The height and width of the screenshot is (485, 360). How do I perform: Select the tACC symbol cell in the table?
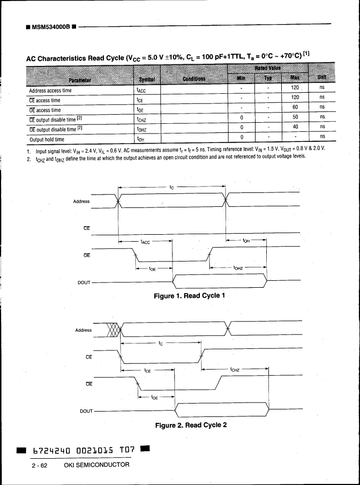(141, 91)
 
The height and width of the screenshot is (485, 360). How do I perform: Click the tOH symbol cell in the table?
(141, 139)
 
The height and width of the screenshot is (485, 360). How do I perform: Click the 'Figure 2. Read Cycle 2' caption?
(191, 425)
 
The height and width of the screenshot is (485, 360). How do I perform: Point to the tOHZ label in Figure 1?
(239, 267)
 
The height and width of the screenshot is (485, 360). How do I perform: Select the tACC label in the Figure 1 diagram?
(145, 242)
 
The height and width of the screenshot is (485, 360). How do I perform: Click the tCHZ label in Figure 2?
(236, 369)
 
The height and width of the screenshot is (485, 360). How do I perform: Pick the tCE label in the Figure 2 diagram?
(148, 370)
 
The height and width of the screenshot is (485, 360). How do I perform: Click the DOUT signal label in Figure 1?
(84, 282)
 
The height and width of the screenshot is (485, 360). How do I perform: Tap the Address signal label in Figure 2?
(83, 330)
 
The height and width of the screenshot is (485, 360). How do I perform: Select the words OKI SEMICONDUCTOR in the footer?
(96, 465)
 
